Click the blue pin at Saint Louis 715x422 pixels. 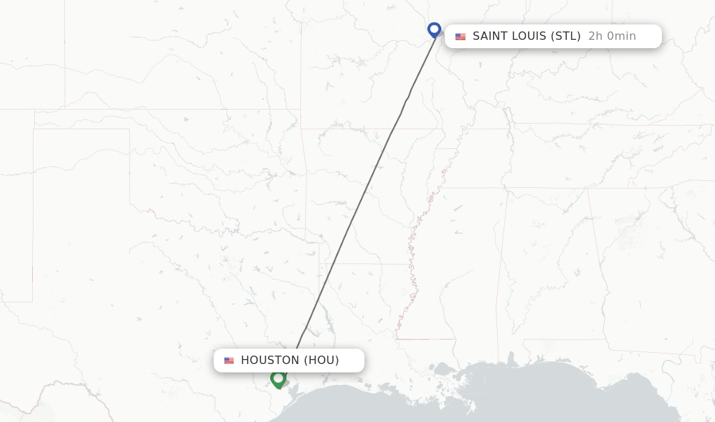434,29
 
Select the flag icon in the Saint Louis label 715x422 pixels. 460,36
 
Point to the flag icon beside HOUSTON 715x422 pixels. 229,361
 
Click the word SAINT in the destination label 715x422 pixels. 489,36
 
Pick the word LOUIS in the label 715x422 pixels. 529,36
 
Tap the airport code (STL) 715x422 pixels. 566,36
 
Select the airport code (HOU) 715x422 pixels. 321,361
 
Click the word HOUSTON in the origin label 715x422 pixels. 270,361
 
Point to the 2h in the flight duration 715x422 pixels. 595,36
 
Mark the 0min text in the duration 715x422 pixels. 621,36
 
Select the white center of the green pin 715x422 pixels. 278,378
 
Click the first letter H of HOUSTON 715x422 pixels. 244,361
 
